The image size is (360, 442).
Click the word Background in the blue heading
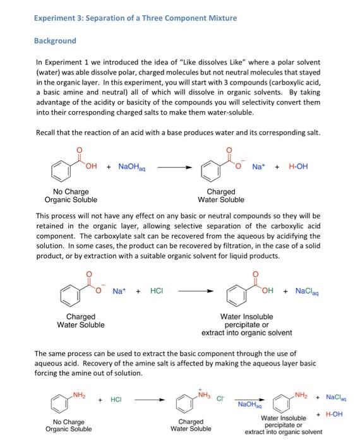point(54,40)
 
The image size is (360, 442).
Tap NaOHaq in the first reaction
point(131,167)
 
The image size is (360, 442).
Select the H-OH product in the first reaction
point(299,167)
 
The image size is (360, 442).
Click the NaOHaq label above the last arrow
point(248,402)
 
